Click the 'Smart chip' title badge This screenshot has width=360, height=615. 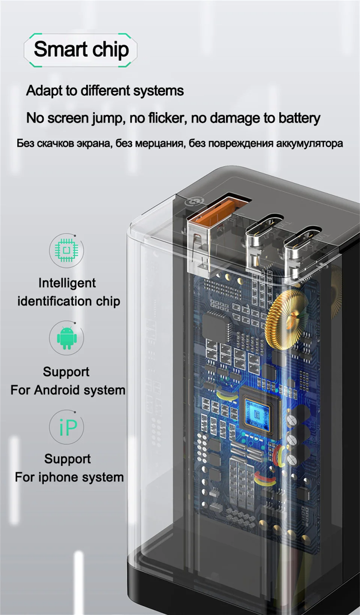click(x=81, y=50)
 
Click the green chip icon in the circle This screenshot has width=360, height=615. click(x=66, y=250)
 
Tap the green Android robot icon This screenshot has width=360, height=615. click(x=67, y=338)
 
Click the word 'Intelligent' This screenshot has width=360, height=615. click(x=67, y=283)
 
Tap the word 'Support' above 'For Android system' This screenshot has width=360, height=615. click(x=66, y=372)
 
